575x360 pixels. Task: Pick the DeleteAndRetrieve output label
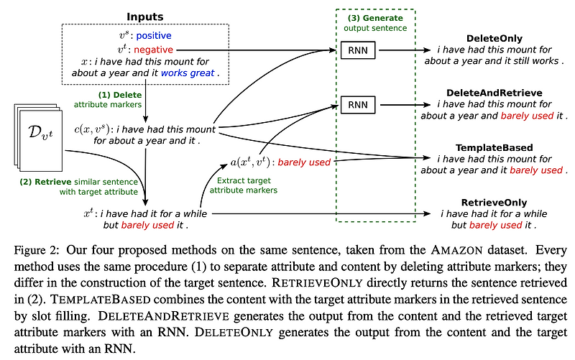494,93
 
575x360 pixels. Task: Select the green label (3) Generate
374,17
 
